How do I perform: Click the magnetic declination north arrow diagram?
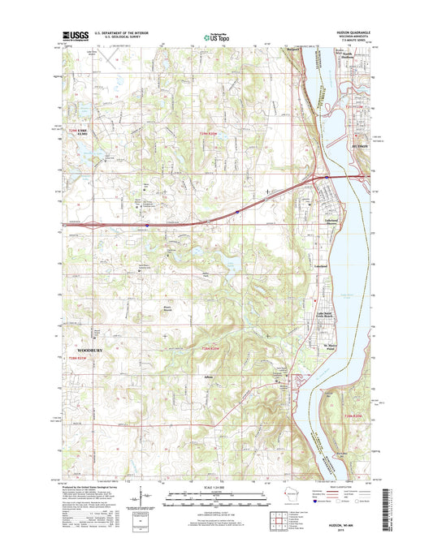coord(144,498)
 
